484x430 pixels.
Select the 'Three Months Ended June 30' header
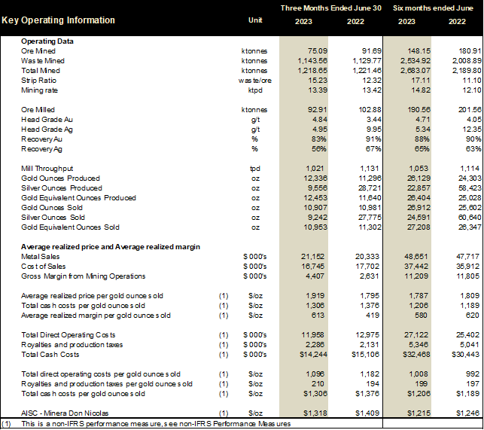[331, 8]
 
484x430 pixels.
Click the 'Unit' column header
[255, 20]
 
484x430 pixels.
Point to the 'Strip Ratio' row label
[41, 80]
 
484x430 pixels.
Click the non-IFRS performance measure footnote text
[151, 424]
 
